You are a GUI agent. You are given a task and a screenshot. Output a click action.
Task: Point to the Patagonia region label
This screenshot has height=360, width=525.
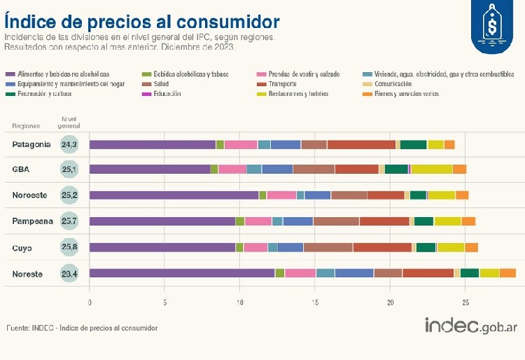tap(31, 144)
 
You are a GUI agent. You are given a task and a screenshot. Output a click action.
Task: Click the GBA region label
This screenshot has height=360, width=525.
tap(20, 169)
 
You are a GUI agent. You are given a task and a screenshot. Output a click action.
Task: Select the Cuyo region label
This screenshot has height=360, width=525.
tap(24, 247)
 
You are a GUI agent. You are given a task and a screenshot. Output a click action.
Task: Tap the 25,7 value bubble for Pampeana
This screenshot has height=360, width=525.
tap(69, 221)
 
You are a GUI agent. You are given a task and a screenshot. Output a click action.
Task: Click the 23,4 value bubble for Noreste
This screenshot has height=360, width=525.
tap(69, 273)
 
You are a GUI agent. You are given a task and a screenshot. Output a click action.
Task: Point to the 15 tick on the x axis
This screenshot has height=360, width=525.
tap(315, 303)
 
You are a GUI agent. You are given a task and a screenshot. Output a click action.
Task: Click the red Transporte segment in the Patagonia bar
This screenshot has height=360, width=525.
tap(361, 144)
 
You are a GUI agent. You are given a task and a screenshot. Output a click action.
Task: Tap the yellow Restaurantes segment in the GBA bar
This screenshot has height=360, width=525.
tap(432, 169)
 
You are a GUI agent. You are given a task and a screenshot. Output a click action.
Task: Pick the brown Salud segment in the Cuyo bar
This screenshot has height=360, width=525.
tap(328, 247)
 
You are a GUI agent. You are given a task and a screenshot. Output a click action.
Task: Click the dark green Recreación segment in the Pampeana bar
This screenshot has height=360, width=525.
tap(423, 221)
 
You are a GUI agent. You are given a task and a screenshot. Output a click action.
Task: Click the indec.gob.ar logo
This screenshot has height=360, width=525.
tap(470, 326)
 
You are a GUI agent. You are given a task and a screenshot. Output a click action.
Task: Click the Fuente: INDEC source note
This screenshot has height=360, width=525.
tap(82, 328)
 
